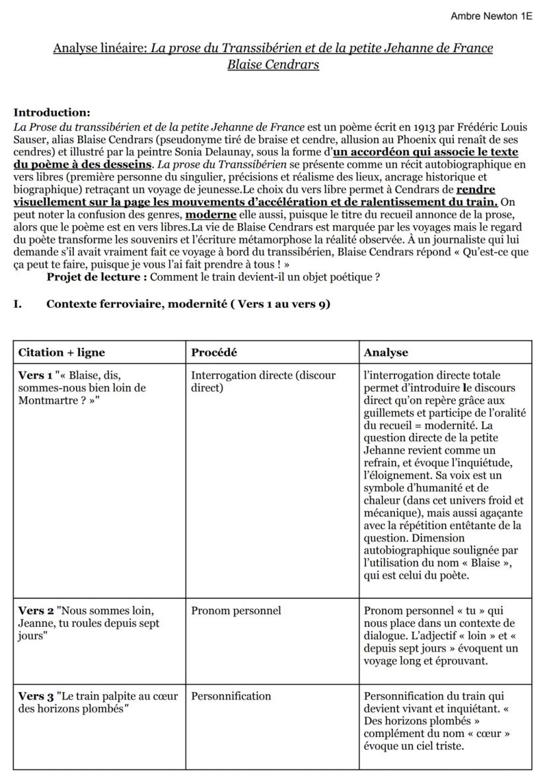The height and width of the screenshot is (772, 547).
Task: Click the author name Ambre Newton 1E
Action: [x=491, y=16]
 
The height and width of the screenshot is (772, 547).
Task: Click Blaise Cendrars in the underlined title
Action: [x=273, y=65]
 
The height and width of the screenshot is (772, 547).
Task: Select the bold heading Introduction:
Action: [x=52, y=113]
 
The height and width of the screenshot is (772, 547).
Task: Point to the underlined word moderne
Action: [x=211, y=215]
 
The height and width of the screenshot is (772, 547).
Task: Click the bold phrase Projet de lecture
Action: [x=96, y=277]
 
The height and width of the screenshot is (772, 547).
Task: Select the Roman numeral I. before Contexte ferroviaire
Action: [x=18, y=304]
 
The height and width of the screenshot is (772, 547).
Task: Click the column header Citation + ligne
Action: [x=61, y=353]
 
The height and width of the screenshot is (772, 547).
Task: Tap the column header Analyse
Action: [x=386, y=353]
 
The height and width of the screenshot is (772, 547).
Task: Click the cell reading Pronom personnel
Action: [x=236, y=611]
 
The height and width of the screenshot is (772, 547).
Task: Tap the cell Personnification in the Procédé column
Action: [x=231, y=696]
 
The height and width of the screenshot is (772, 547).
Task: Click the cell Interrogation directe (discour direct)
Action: [x=264, y=381]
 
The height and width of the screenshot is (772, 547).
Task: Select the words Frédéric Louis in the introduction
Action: [x=492, y=127]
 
